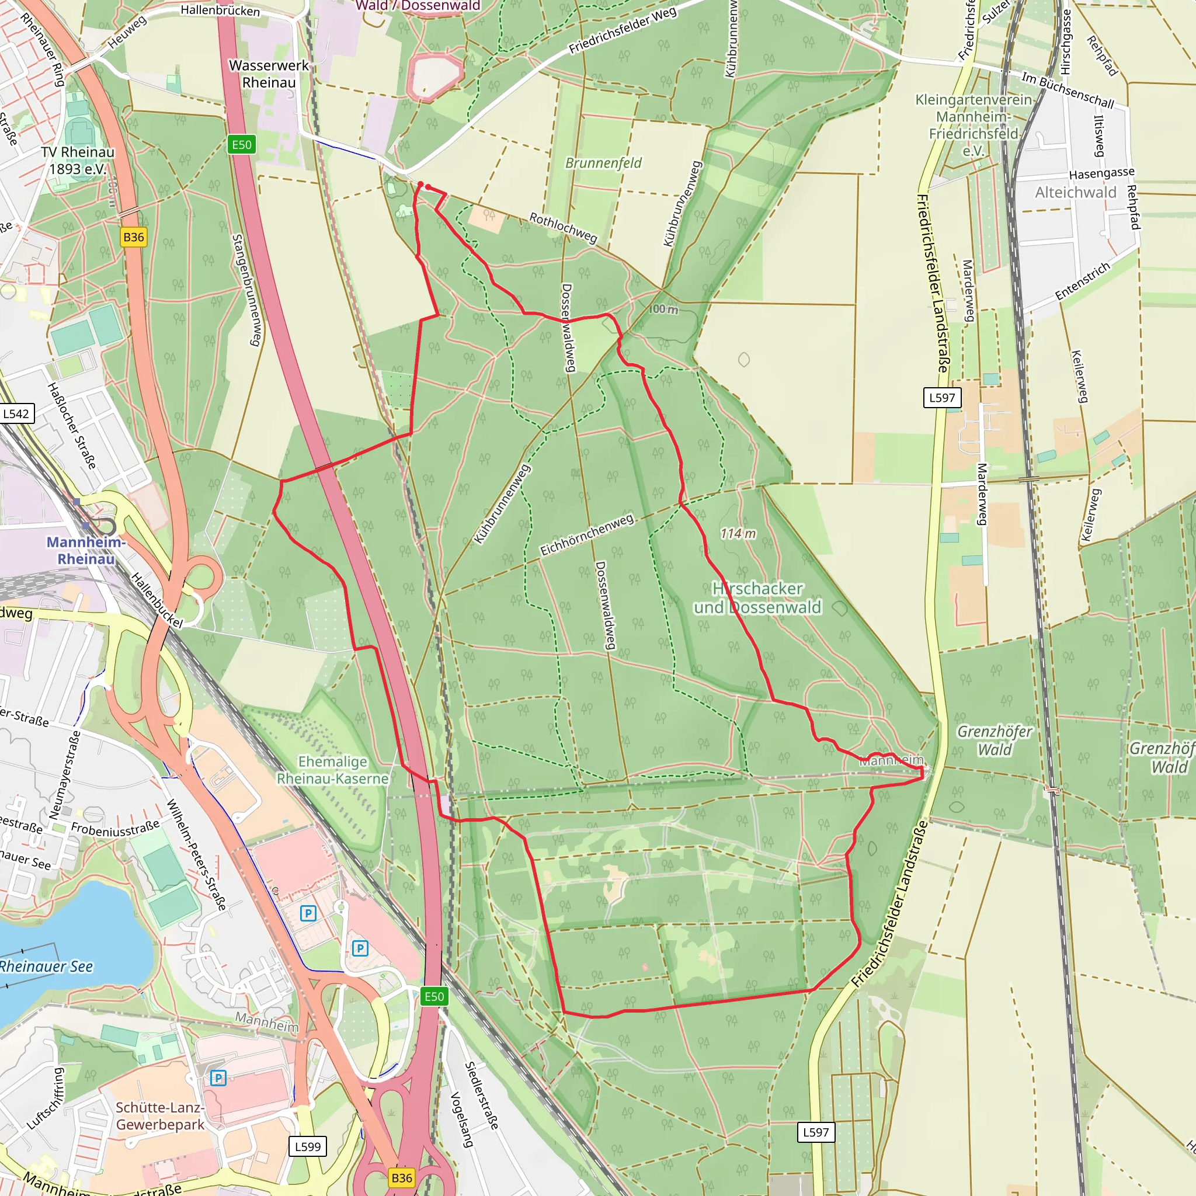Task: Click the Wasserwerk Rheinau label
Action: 269,74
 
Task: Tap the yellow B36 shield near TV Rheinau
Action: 134,237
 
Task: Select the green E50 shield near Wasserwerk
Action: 241,145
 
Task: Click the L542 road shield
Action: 16,413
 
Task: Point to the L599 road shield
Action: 308,1146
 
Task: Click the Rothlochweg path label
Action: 563,228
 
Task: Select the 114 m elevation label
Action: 738,534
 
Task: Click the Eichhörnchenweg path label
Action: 587,536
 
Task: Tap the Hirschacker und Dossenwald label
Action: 757,598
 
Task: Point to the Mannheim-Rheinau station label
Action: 86,550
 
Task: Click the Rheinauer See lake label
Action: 47,967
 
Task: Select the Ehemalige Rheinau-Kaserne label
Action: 332,770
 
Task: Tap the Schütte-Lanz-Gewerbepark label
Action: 159,1116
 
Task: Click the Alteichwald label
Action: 1076,193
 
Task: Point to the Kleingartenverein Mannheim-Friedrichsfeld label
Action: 973,125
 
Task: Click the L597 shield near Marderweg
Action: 941,398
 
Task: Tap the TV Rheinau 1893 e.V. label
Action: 78,161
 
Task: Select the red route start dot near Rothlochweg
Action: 420,185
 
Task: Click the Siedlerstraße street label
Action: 482,1096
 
